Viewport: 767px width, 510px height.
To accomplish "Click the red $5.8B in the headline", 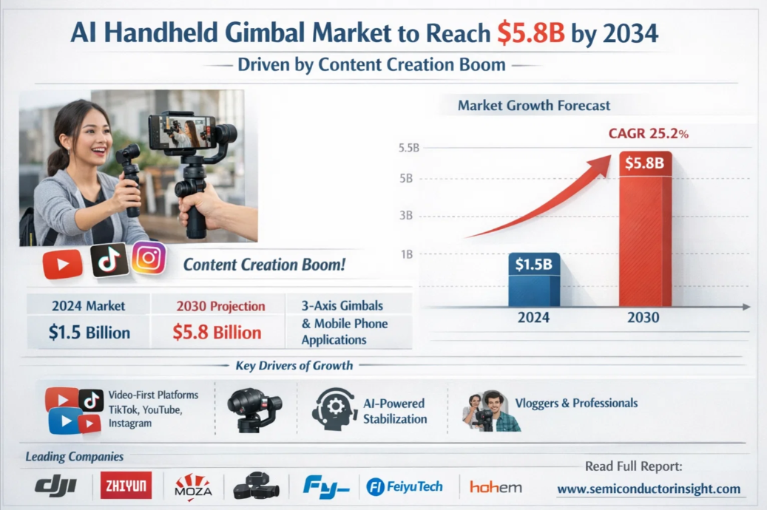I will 530,33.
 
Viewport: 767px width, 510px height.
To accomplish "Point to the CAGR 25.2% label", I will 648,134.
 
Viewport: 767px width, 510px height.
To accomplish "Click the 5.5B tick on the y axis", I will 408,148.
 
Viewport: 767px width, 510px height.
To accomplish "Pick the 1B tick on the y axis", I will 406,254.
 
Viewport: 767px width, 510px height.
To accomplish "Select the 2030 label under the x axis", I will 643,319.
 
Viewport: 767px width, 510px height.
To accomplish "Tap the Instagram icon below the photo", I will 149,258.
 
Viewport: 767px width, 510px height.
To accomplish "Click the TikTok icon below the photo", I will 109,260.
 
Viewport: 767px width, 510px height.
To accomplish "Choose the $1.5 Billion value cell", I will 89,333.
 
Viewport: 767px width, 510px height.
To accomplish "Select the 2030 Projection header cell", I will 220,306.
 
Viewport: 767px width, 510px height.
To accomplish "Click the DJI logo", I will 56,486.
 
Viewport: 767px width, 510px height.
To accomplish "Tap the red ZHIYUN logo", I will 126,486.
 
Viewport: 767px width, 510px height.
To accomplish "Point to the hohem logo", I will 496,487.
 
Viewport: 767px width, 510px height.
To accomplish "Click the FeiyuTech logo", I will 405,486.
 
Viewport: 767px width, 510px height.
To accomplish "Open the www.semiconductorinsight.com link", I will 648,489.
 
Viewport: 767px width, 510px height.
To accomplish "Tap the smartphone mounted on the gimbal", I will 183,131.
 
